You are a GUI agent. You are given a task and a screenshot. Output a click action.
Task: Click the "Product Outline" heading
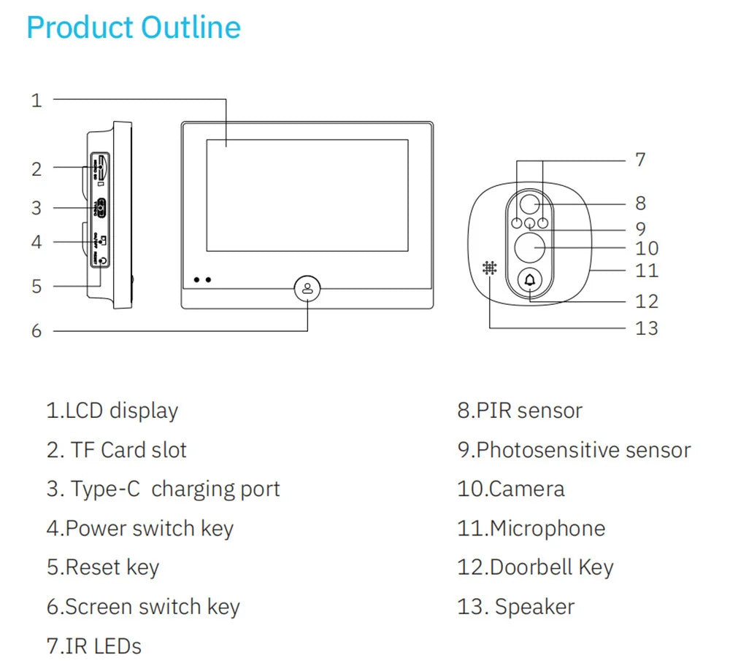click(x=133, y=28)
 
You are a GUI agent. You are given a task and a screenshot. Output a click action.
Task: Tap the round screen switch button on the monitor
click(x=307, y=288)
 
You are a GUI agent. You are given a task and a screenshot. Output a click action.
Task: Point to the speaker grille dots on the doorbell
click(x=489, y=268)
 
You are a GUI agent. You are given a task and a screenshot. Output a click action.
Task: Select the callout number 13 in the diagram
click(x=646, y=328)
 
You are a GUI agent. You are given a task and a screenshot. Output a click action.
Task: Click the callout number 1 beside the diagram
click(x=37, y=101)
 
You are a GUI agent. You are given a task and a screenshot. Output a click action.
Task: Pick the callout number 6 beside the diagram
click(x=37, y=331)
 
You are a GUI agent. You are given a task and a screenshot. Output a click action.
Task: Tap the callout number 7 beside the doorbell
click(x=640, y=160)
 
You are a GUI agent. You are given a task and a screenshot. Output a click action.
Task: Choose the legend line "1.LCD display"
click(x=112, y=411)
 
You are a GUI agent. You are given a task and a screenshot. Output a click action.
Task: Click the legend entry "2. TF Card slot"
click(x=117, y=450)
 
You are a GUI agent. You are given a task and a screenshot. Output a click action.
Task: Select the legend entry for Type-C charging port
click(x=163, y=489)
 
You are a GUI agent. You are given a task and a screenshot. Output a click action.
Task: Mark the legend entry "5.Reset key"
click(x=103, y=567)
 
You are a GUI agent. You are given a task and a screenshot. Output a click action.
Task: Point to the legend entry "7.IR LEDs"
click(x=93, y=645)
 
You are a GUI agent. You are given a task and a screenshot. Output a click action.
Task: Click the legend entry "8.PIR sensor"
click(x=520, y=411)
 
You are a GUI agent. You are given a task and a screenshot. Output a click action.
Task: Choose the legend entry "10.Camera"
click(x=511, y=489)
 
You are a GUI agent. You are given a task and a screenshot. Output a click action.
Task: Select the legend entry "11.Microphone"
click(x=531, y=528)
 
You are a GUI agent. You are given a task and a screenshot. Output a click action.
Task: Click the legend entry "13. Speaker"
click(x=516, y=607)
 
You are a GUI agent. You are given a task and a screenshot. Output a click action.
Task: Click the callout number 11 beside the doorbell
click(x=647, y=271)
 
